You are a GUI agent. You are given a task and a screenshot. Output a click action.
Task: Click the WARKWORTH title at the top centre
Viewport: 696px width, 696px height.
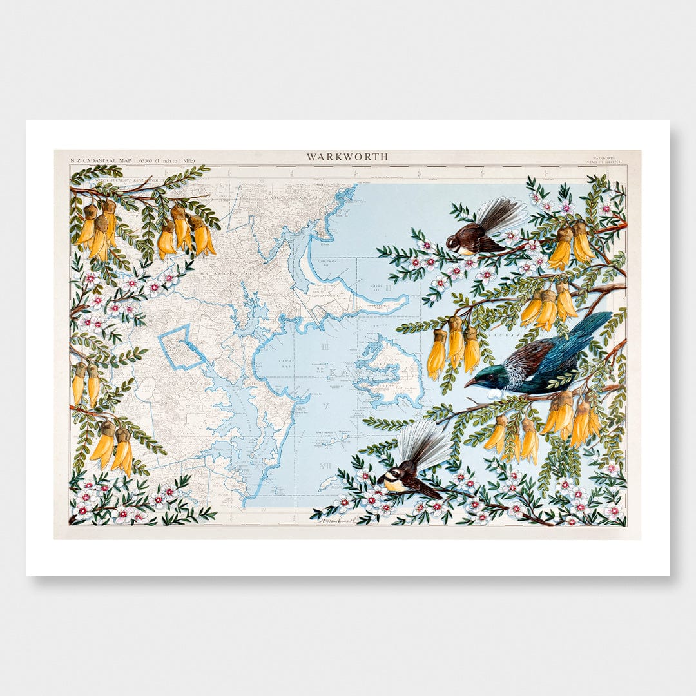pyautogui.click(x=347, y=157)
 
